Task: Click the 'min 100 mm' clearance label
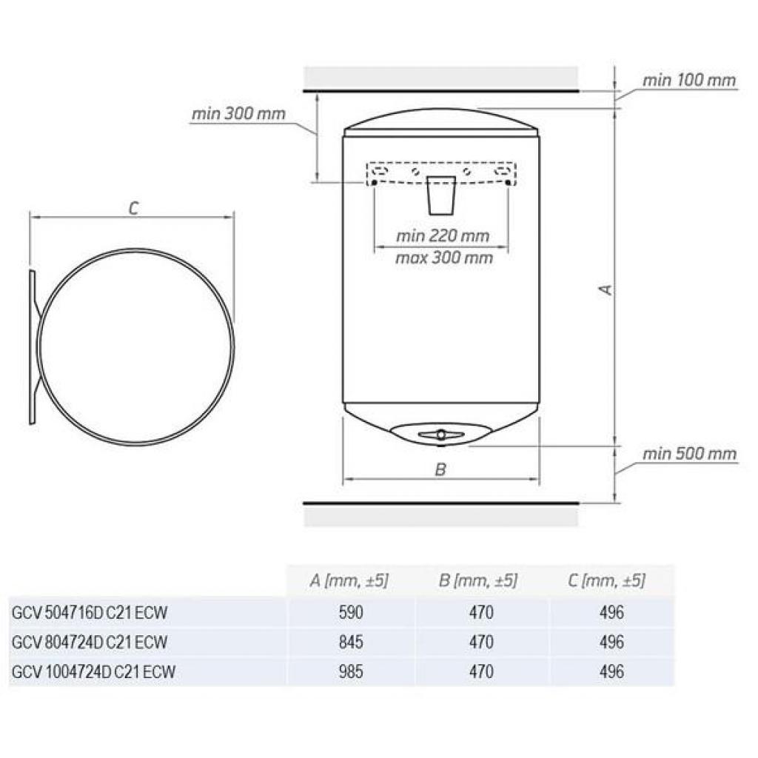689,80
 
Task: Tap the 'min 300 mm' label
238,114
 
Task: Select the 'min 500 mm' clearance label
689,454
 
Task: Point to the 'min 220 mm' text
443,236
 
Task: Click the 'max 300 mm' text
444,258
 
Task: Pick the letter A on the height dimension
606,290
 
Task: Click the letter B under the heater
440,469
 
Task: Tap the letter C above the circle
133,208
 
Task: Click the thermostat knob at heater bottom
441,435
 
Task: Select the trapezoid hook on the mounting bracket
441,195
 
